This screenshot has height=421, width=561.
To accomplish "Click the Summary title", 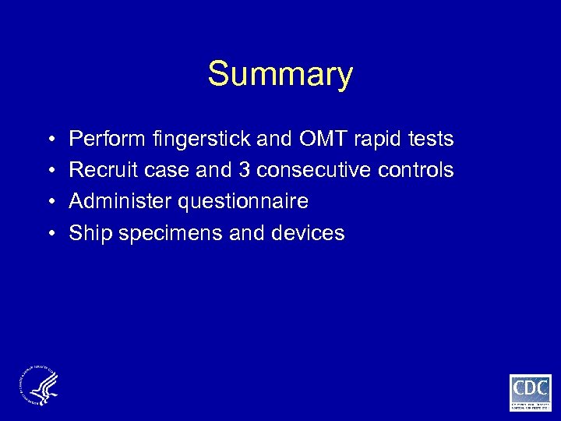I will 280,75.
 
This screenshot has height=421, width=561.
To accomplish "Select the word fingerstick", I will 205,140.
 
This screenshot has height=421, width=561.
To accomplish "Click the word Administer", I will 121,202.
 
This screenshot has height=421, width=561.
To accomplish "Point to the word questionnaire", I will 244,202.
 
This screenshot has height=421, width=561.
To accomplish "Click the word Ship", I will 87,233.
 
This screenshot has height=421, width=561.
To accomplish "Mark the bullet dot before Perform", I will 50,140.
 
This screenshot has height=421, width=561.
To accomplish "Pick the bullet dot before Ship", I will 50,234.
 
